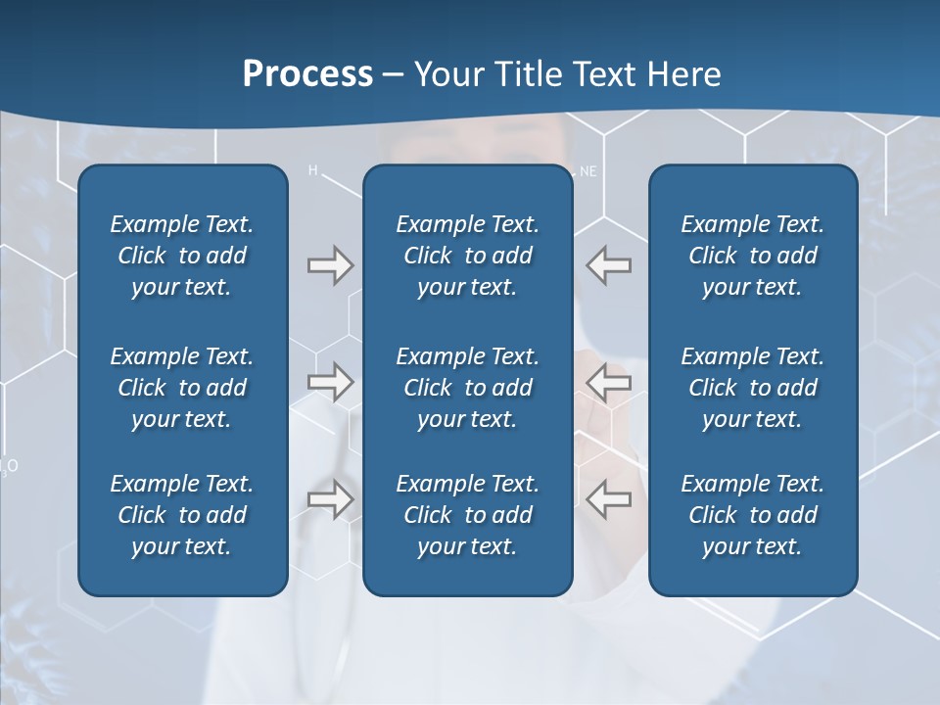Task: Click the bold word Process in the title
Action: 307,74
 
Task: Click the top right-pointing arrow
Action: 330,265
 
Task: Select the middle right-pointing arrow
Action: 330,381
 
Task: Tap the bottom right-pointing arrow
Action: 330,498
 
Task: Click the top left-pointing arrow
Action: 608,265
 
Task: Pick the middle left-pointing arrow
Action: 608,381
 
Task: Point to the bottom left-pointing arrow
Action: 608,498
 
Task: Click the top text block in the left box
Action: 182,256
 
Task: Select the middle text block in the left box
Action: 182,388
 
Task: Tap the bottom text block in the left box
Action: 182,515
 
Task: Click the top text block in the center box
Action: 468,256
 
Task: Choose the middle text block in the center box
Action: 468,388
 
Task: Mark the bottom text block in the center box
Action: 468,515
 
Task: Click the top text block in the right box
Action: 753,256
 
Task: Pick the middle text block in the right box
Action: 753,388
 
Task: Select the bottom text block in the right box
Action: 753,515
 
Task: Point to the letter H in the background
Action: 313,171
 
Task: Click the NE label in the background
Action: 587,171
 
